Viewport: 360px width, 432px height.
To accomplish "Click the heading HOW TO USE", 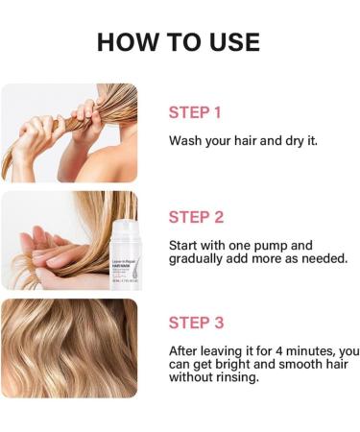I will point(180,42).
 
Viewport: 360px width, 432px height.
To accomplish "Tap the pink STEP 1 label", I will point(195,112).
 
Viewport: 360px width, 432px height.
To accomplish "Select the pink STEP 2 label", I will point(196,217).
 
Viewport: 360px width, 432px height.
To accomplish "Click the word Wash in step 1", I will point(186,140).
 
